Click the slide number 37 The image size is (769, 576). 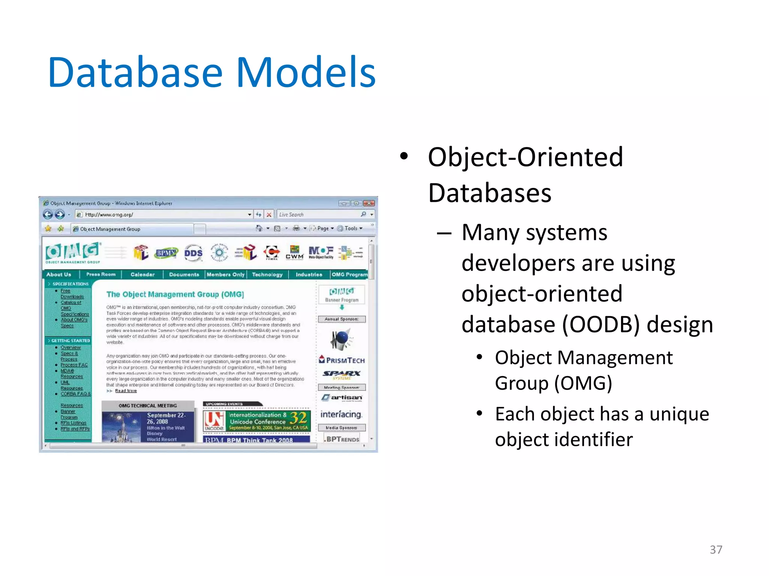tap(716, 549)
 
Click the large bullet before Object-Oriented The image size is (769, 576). tap(404, 156)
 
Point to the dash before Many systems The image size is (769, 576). tap(444, 233)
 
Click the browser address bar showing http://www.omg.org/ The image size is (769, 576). tap(161, 214)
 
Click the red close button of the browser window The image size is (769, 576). tap(369, 203)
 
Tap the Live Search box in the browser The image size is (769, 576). tap(319, 214)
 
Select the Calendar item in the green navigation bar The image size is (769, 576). tap(142, 274)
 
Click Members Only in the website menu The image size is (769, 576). tap(225, 274)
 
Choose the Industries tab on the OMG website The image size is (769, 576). tap(309, 274)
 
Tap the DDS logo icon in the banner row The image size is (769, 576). tap(193, 253)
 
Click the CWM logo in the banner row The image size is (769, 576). tap(294, 252)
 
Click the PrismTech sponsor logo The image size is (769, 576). tap(342, 360)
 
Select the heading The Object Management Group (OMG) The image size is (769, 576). tap(175, 294)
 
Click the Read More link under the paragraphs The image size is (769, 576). tap(126, 391)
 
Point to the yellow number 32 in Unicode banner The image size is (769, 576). tap(299, 418)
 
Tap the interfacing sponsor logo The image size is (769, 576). tap(341, 414)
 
